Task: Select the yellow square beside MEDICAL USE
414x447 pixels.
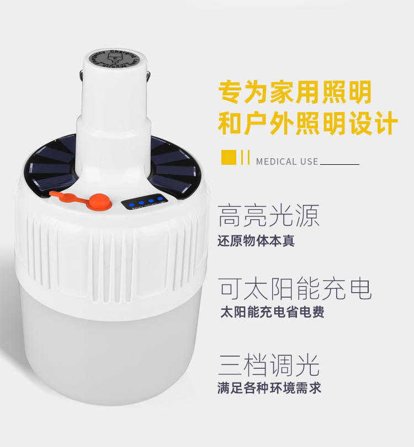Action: tap(229, 157)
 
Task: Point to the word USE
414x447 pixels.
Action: tap(310, 161)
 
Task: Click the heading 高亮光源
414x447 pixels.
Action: tap(268, 216)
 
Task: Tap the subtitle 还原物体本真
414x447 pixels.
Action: tap(256, 241)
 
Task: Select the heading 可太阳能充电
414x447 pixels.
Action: tap(295, 288)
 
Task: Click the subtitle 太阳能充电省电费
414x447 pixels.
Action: tap(272, 312)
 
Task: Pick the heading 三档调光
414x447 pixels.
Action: tap(268, 365)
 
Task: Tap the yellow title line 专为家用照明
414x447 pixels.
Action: tap(295, 92)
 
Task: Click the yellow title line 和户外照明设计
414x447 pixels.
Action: tap(307, 123)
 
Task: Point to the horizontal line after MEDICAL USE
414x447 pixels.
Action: tap(339, 164)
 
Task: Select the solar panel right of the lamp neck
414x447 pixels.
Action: tap(174, 165)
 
